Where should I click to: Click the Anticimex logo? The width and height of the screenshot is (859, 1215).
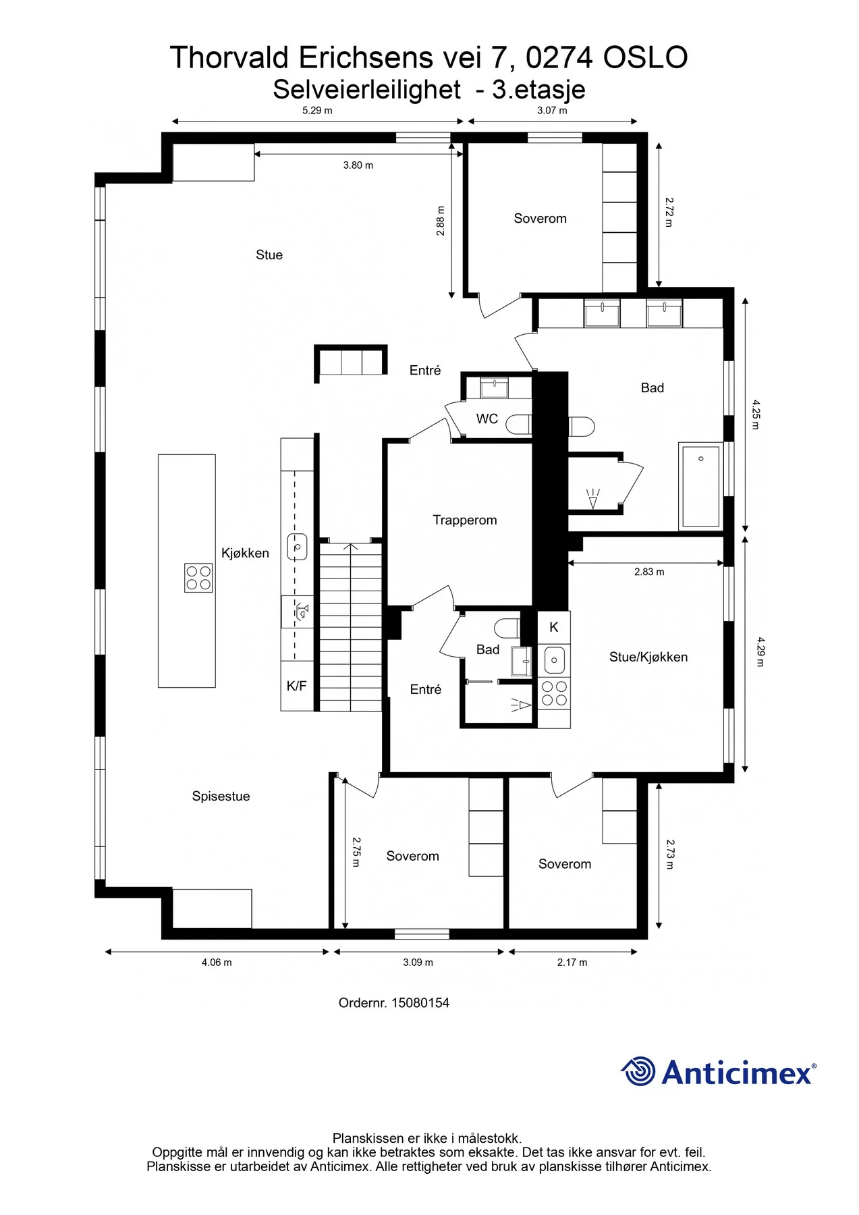click(718, 1071)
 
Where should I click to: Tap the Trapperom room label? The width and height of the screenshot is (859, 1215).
click(465, 520)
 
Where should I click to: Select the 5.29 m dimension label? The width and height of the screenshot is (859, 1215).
click(317, 111)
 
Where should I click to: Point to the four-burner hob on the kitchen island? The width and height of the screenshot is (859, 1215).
click(198, 578)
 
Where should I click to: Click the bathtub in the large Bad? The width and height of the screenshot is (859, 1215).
click(700, 485)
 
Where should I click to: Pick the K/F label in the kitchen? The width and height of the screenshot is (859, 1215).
click(296, 686)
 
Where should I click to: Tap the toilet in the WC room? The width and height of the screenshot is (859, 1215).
click(518, 425)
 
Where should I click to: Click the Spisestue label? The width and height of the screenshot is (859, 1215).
click(221, 796)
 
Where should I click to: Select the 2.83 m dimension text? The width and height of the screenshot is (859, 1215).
click(649, 572)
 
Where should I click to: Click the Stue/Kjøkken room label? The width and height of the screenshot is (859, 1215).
click(648, 657)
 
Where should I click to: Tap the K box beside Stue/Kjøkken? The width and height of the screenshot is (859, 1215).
click(554, 627)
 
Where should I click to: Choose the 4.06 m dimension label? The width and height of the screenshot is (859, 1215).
click(217, 963)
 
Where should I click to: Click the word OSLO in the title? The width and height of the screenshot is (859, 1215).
click(645, 57)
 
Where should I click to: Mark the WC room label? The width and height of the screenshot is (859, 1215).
click(487, 418)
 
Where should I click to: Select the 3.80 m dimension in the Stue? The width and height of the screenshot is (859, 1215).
click(358, 165)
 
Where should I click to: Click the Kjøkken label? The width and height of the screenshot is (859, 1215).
click(245, 553)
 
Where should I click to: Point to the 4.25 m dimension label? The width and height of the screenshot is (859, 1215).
click(756, 415)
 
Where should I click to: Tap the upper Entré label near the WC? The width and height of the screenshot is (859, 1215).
click(425, 370)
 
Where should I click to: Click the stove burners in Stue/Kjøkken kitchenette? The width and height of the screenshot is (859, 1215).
click(554, 693)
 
